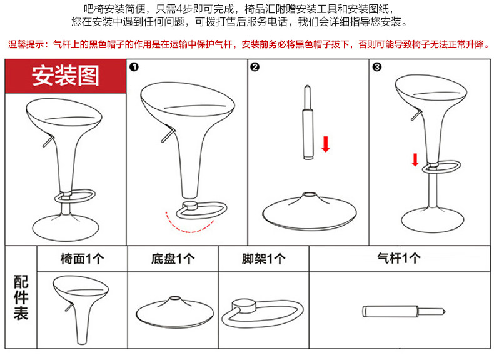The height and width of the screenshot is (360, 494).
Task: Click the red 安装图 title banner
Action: [66, 76]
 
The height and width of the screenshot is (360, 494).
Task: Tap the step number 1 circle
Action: [134, 67]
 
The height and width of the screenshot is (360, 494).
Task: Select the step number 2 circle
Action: [255, 67]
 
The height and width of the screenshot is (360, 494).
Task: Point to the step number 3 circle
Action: [377, 67]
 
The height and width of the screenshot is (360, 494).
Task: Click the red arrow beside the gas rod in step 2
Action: [326, 144]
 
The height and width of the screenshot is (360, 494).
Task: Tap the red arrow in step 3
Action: [415, 159]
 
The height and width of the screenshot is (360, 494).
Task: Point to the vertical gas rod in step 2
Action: [308, 122]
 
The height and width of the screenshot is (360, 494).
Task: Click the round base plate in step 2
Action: [310, 212]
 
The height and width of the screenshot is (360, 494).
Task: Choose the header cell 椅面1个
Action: [82, 259]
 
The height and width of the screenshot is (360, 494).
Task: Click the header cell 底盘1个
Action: [173, 259]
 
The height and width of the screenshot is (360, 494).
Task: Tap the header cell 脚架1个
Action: [264, 259]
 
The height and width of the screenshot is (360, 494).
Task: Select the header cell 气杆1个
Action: [399, 258]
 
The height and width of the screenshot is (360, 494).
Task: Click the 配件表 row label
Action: [21, 297]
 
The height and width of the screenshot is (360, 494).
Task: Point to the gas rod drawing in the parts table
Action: [404, 311]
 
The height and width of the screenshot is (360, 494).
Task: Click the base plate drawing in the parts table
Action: [175, 312]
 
